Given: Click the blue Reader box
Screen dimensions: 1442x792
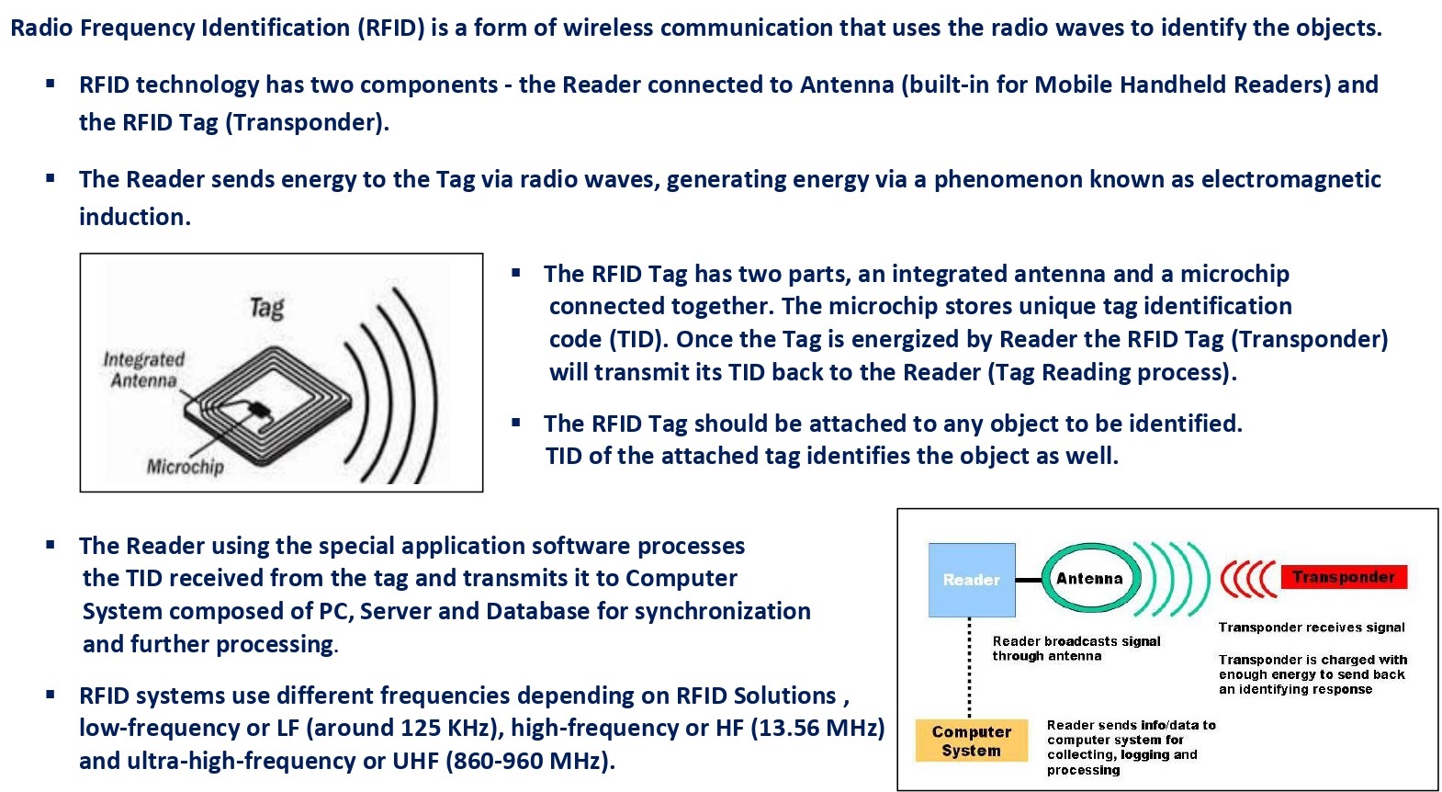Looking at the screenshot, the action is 972,580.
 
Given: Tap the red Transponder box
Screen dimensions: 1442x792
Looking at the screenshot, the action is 1344,577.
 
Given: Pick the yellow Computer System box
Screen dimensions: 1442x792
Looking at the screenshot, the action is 972,741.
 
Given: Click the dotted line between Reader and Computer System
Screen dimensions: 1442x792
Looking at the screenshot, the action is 970,668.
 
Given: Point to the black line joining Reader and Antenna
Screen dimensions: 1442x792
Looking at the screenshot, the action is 1028,580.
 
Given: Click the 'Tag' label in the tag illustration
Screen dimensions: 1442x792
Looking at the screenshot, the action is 266,309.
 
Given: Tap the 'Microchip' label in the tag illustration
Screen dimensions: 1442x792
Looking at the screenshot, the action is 186,466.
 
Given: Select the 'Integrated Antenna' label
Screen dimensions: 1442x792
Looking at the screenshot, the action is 143,369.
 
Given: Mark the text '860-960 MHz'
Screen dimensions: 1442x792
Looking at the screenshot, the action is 526,761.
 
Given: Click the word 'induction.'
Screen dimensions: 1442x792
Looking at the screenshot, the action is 135,217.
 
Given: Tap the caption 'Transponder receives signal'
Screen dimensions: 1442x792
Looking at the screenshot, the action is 1312,628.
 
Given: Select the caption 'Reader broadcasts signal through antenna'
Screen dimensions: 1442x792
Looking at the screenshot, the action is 1076,649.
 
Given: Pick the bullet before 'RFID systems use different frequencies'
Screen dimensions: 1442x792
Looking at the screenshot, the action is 51,694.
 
